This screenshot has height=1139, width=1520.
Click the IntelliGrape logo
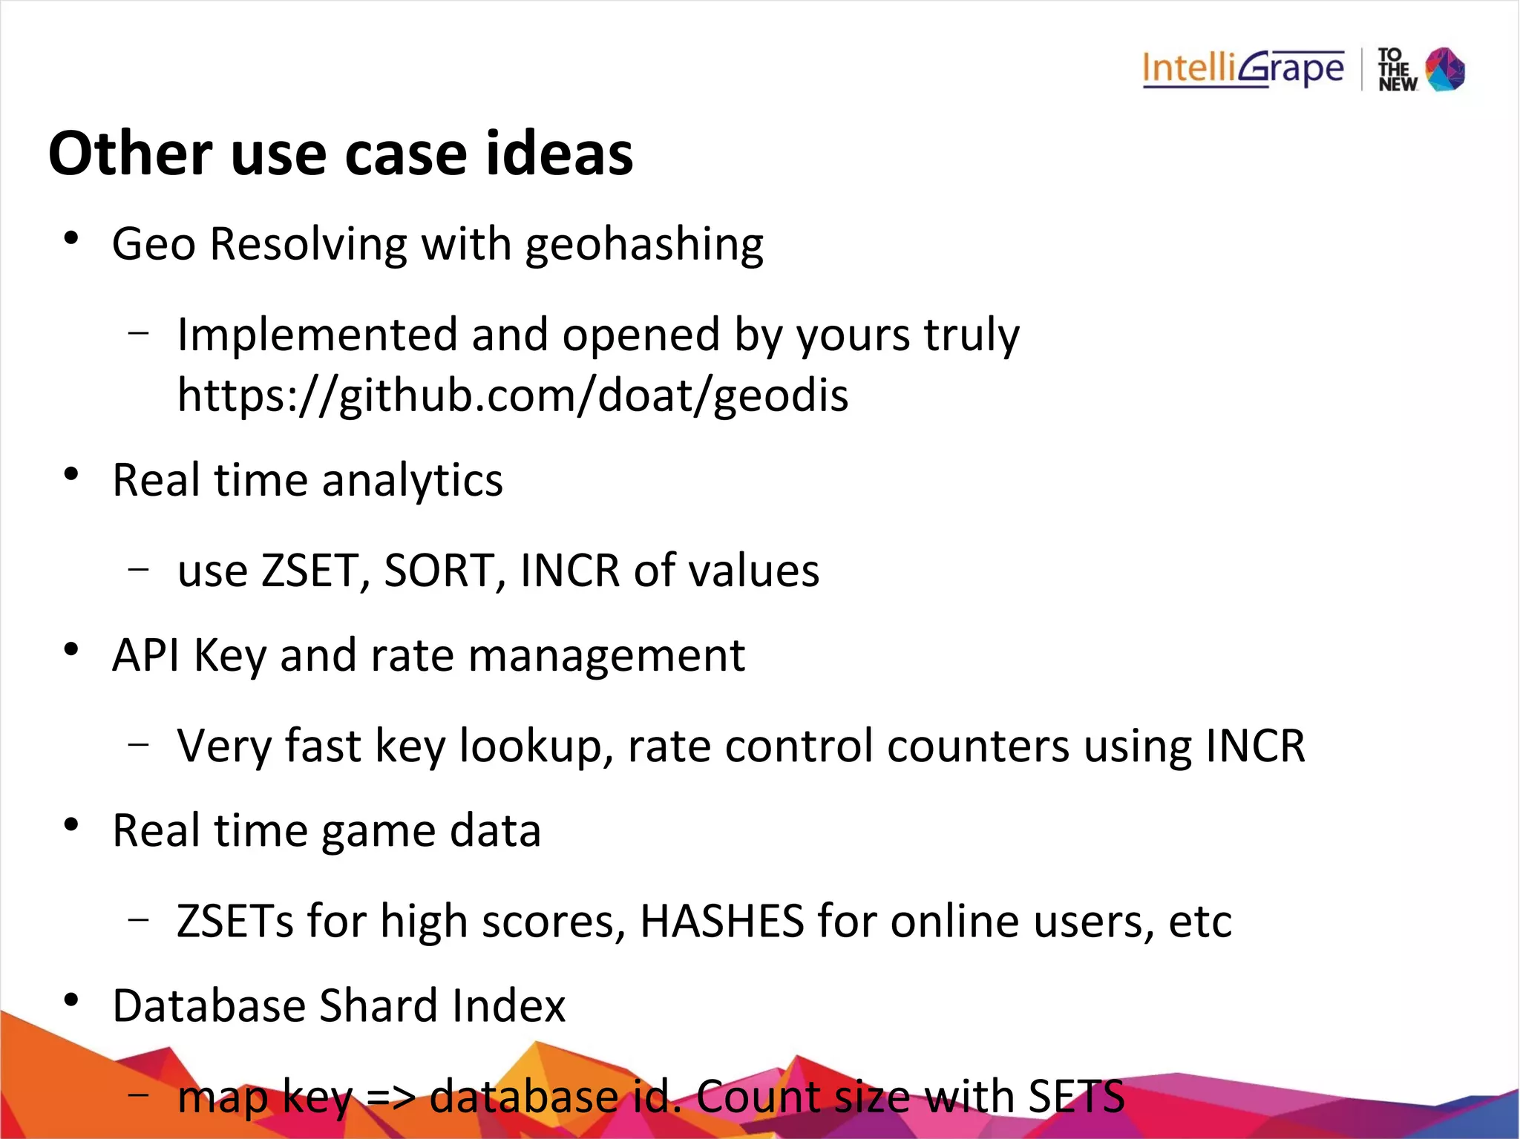tap(1243, 69)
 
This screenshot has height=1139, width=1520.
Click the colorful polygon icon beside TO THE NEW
tap(1445, 69)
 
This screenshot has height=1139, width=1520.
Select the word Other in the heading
tap(131, 154)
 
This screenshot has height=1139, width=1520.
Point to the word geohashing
tap(644, 245)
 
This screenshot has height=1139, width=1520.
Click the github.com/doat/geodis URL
tap(513, 395)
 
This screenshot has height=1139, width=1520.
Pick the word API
tap(145, 655)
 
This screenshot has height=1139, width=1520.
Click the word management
tap(606, 656)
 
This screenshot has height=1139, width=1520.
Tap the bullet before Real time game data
tap(71, 824)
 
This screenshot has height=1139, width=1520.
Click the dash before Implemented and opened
tap(138, 332)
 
